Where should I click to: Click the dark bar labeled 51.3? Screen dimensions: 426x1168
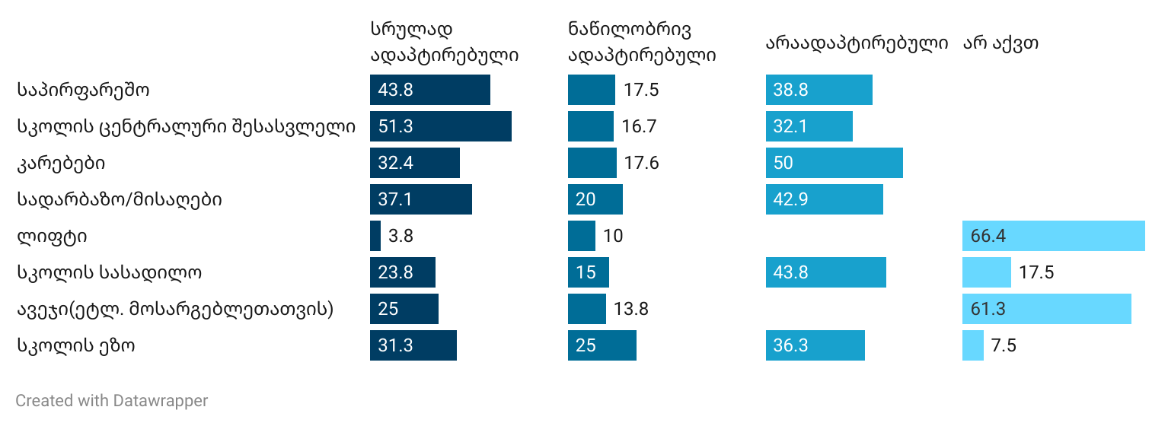click(x=440, y=126)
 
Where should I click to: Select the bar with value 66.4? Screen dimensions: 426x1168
click(x=1053, y=236)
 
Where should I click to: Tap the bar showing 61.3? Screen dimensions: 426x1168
click(x=1046, y=309)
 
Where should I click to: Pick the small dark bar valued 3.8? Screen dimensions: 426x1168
click(x=375, y=236)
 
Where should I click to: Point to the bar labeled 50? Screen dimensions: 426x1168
click(x=834, y=163)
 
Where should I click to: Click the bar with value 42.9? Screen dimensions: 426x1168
click(x=824, y=199)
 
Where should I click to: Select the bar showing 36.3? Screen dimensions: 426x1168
click(x=815, y=345)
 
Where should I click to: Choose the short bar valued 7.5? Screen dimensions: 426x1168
click(x=973, y=345)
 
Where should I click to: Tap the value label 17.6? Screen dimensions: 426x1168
click(x=641, y=163)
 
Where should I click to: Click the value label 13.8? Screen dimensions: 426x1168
click(x=630, y=309)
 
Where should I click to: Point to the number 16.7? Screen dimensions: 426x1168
click(x=639, y=126)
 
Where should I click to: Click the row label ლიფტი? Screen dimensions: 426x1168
click(x=52, y=236)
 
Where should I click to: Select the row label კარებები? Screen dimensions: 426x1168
click(x=61, y=163)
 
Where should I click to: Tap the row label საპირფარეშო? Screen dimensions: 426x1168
click(x=83, y=90)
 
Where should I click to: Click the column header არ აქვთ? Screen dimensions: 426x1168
click(x=1000, y=43)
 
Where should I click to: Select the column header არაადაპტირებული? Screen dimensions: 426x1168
click(x=857, y=43)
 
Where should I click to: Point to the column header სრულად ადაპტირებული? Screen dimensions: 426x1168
click(x=445, y=42)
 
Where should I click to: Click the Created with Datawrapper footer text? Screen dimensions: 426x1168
click(x=111, y=401)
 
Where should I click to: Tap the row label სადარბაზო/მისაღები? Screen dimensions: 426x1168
click(x=120, y=199)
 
